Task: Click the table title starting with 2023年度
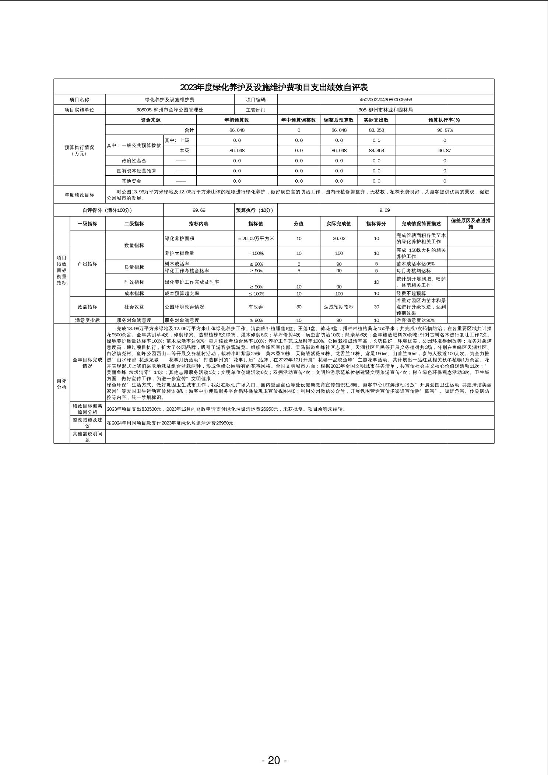point(274,87)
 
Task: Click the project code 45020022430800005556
point(386,99)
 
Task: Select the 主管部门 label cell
point(256,110)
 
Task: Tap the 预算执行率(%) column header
point(445,120)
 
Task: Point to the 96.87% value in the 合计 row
point(445,130)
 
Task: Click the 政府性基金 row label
point(134,161)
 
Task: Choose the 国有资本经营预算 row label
point(134,171)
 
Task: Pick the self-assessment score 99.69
point(199,210)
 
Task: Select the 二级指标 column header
point(134,224)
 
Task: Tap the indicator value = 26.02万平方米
point(256,238)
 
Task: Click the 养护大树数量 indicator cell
point(180,253)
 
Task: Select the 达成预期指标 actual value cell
point(339,307)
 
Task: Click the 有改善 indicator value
point(256,307)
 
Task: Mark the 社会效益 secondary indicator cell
point(134,307)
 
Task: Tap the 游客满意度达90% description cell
point(415,320)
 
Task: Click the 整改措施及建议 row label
point(87,423)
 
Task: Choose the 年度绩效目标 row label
point(79,195)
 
